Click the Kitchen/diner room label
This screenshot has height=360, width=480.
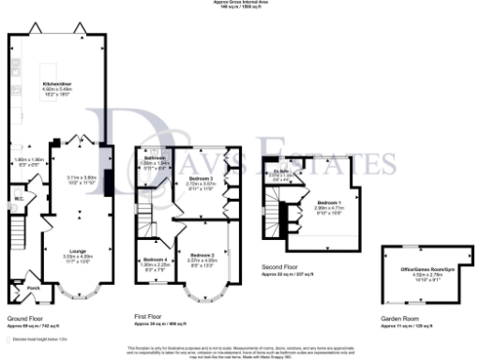click(59, 84)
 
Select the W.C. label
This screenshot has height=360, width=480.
click(19, 199)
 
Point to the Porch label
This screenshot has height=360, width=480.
click(32, 288)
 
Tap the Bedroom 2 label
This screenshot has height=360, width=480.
click(203, 255)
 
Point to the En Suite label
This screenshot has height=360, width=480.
click(279, 172)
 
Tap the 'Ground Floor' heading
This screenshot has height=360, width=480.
click(24, 317)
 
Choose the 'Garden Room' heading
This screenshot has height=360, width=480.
click(398, 318)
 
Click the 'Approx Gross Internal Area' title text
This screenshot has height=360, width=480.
click(240, 3)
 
